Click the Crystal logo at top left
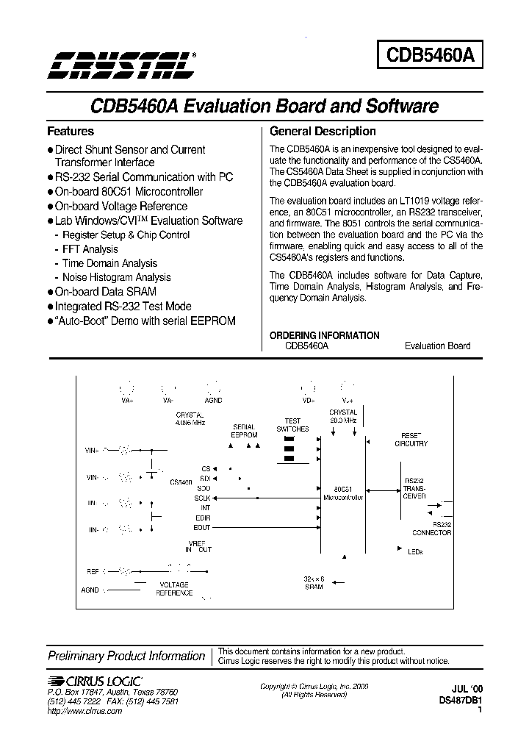coord(121,65)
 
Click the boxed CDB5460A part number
coord(430,54)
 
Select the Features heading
coord(71,132)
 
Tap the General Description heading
coord(323,132)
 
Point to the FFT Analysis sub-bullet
coord(90,249)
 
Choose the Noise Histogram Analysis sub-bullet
coord(116,277)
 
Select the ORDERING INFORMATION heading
coord(324,335)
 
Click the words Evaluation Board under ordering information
coord(437,346)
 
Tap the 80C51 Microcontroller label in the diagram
coord(343,493)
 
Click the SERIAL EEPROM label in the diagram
coord(245,431)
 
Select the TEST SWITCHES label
coord(292,425)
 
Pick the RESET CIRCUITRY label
coord(411,440)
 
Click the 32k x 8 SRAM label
coord(314,583)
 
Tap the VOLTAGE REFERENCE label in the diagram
coord(174,589)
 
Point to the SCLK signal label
coord(202,498)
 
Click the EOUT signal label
coord(202,527)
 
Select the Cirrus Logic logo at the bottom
coord(95,682)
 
